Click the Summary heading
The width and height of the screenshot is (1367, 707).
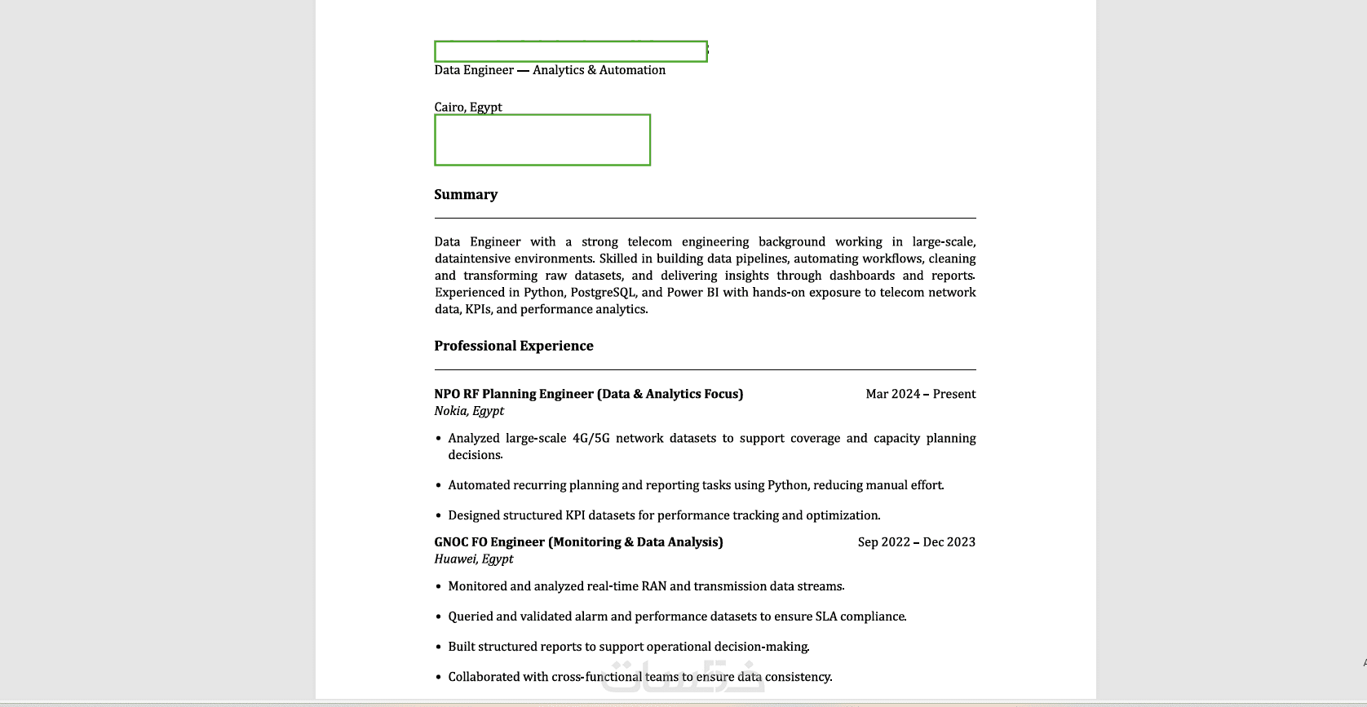tap(466, 195)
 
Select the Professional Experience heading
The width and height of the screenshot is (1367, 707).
tap(514, 346)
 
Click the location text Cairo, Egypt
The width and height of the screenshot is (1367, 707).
tap(468, 107)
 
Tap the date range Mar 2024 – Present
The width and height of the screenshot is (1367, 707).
tap(920, 394)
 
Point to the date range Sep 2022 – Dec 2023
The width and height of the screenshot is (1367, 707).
tap(916, 542)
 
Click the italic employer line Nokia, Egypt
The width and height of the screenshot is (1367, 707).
tap(469, 411)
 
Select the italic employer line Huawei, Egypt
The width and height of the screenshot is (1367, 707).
tap(474, 559)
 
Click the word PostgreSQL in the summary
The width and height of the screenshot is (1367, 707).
tap(603, 293)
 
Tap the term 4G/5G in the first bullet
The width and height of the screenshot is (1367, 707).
tap(591, 439)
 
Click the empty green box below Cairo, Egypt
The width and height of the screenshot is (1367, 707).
tap(542, 140)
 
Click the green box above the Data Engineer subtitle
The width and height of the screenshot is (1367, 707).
tap(571, 51)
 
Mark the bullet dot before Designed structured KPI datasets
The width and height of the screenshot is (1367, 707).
tap(439, 516)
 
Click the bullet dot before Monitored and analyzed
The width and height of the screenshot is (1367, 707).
tap(439, 587)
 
